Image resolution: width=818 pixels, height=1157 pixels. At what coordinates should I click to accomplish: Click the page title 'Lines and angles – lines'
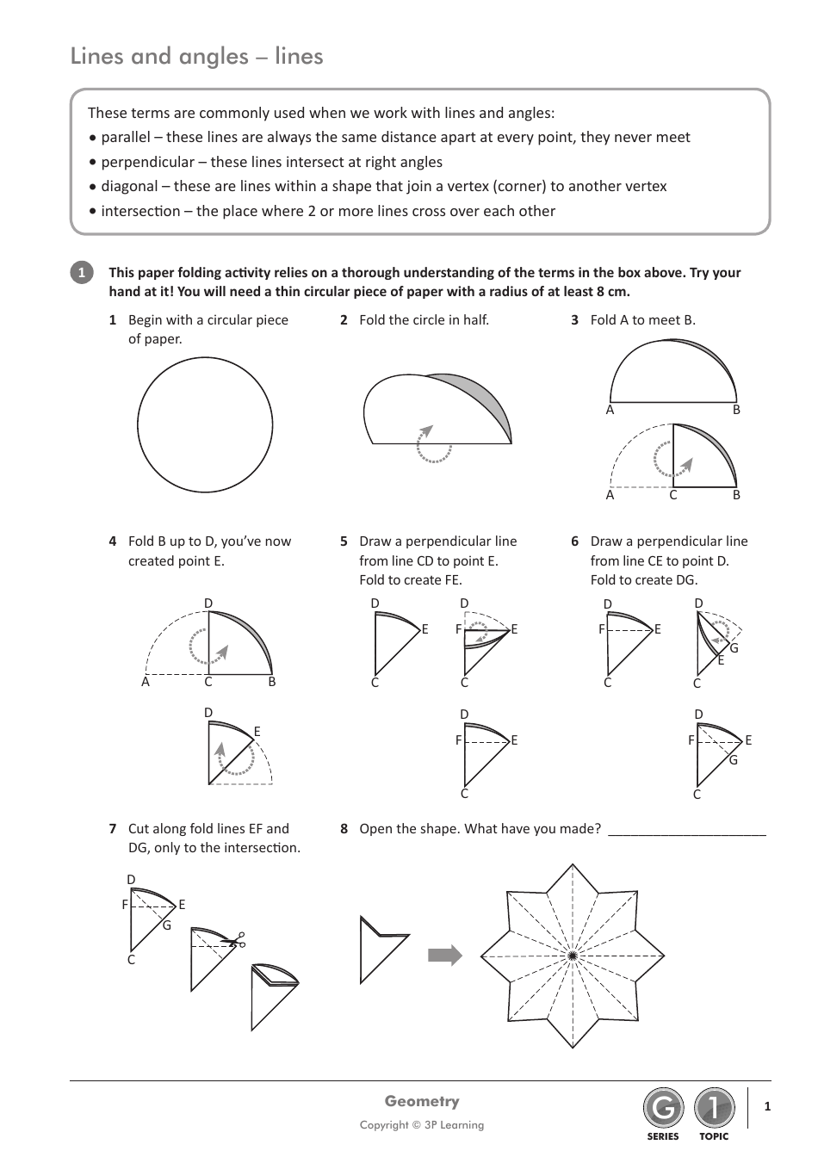tap(196, 56)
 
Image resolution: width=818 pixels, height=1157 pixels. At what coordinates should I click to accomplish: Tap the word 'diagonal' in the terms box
tap(127, 186)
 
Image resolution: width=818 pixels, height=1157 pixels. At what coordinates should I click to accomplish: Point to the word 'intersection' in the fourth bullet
tap(140, 211)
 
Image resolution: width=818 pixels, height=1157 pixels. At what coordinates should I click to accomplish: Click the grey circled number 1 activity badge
tap(81, 273)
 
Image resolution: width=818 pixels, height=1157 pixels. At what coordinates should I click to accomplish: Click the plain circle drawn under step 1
tap(205, 424)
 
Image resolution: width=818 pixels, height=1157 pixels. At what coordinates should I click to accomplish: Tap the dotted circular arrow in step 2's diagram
tap(433, 445)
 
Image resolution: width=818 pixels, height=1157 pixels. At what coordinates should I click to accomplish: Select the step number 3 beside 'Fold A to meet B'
tap(574, 320)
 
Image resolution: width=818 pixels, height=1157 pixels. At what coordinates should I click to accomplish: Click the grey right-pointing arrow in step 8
tap(445, 956)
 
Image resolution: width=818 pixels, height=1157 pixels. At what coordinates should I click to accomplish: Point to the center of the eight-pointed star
tap(573, 956)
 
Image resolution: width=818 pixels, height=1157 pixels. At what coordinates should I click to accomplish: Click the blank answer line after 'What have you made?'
tap(686, 831)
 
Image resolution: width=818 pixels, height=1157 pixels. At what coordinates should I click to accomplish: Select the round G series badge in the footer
tap(663, 1109)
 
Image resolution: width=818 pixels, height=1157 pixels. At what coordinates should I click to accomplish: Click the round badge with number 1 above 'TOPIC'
tap(714, 1109)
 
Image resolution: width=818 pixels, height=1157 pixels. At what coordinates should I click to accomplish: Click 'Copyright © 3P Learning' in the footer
tap(422, 1124)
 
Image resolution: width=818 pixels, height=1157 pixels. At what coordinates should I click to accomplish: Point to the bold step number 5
tap(344, 541)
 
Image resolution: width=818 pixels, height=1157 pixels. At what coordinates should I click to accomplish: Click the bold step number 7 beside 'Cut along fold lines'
tap(113, 829)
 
